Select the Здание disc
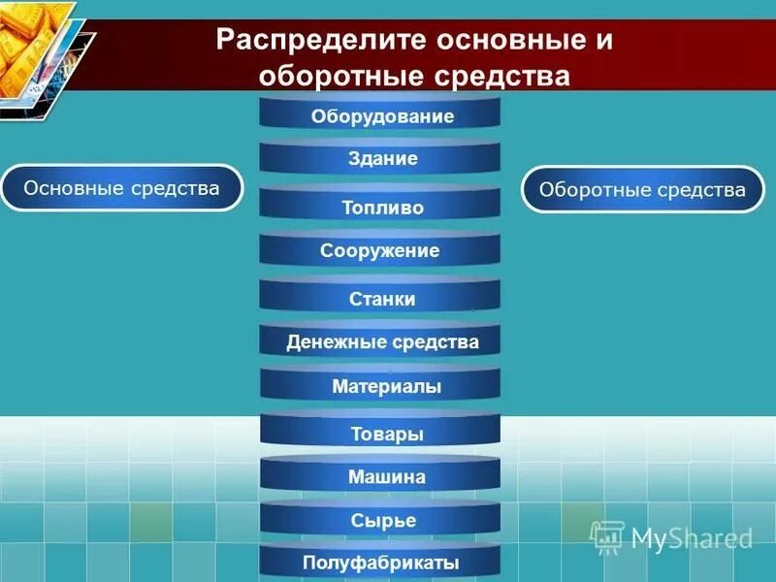click(x=380, y=159)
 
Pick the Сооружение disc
click(x=380, y=251)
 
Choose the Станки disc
click(x=380, y=298)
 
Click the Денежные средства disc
click(x=380, y=342)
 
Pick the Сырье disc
click(x=380, y=521)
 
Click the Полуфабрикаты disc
click(x=380, y=564)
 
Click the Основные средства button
click(x=121, y=187)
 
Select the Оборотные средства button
click(x=642, y=189)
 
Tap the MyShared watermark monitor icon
click(x=607, y=536)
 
